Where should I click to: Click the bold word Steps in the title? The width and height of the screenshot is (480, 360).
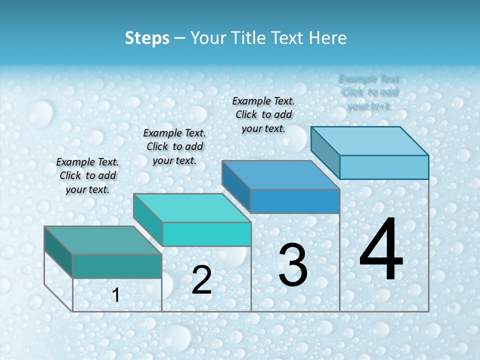point(147,38)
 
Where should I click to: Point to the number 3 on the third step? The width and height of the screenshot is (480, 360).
point(293,265)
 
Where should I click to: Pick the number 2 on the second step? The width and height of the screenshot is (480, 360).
point(202,280)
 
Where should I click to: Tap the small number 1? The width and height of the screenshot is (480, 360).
point(116,295)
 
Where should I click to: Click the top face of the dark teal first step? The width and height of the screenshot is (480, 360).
point(103,240)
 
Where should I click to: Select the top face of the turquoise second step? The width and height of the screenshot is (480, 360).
point(192,208)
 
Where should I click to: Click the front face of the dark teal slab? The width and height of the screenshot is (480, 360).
point(117,266)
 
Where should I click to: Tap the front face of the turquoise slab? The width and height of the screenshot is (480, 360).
point(206,234)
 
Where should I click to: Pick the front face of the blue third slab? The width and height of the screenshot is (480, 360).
point(295,201)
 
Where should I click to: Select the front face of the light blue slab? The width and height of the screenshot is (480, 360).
point(384,167)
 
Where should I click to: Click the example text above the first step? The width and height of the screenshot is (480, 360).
point(87,175)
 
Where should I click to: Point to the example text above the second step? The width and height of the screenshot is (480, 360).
point(174,146)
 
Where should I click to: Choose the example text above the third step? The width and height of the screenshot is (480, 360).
point(263,114)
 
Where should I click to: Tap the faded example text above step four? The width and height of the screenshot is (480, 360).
point(369,92)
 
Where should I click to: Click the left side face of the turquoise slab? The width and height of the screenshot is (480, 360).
point(148,219)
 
